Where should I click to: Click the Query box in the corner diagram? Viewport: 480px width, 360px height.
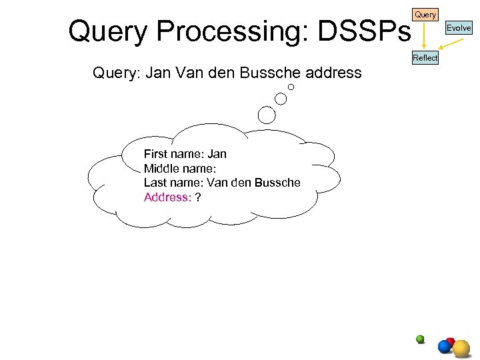(x=425, y=14)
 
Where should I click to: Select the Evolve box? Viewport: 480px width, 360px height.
(x=459, y=28)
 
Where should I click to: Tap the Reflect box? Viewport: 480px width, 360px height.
(x=425, y=58)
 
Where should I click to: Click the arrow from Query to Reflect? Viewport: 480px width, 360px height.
(x=423, y=35)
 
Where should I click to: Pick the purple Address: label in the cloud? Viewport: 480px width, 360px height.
(x=167, y=197)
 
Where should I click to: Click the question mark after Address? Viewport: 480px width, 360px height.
(x=198, y=197)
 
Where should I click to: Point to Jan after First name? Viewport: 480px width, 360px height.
(x=217, y=154)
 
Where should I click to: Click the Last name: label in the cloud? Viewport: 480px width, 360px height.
(x=173, y=183)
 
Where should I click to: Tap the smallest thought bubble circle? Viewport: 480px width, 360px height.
(x=291, y=87)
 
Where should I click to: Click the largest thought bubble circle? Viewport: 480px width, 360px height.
(x=267, y=115)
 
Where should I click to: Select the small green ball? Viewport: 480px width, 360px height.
(x=420, y=339)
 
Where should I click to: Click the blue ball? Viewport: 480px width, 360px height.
(x=445, y=347)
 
